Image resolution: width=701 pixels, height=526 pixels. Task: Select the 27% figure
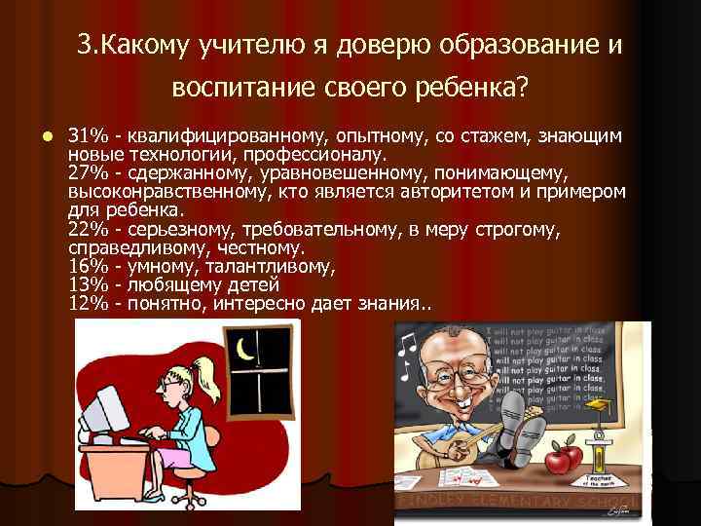[89, 172]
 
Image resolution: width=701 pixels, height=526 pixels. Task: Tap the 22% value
[89, 229]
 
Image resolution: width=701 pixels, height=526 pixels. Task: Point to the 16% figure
[89, 266]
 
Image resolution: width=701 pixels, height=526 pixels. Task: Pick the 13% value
[89, 284]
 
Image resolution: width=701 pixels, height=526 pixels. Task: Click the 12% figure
[89, 304]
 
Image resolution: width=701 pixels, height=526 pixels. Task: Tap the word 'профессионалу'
[321, 154]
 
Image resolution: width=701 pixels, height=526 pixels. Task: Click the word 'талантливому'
[274, 266]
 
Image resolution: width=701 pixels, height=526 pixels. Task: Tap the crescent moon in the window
[246, 346]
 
